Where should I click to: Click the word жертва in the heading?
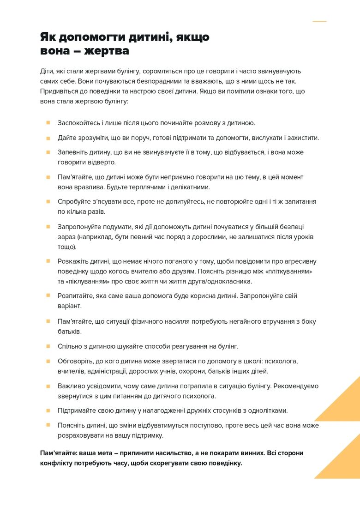point(108,51)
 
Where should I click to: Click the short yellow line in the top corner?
point(319,21)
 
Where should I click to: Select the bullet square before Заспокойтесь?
point(48,123)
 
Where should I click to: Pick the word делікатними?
point(189,187)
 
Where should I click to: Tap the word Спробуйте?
point(74,202)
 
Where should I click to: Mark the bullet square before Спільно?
point(48,346)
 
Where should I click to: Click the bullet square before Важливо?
point(48,386)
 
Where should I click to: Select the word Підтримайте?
point(77,410)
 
